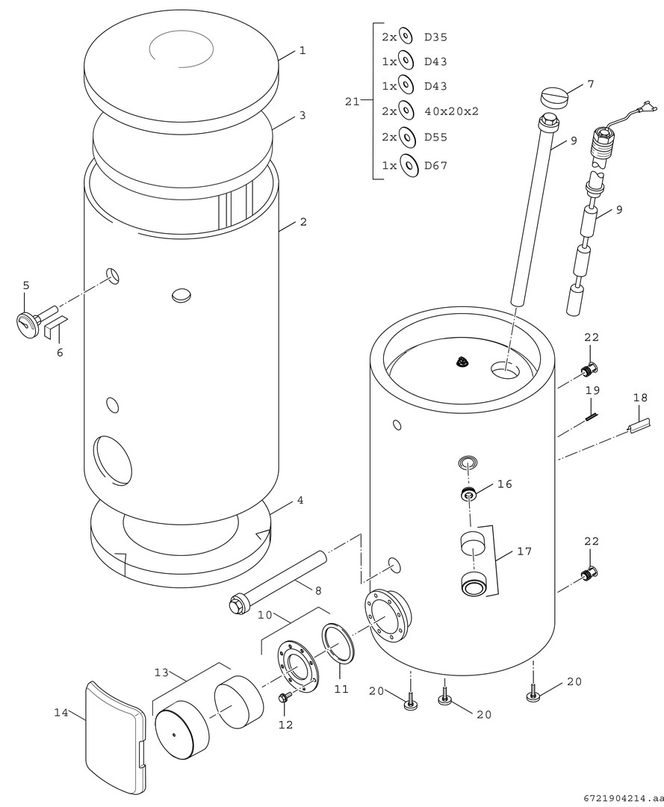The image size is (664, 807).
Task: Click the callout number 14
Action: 61,713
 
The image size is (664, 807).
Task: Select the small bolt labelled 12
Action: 284,699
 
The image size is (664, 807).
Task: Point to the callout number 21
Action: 353,102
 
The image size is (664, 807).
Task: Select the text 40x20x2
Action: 451,111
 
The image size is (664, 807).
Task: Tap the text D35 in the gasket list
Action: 435,37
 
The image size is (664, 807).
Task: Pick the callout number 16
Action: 505,484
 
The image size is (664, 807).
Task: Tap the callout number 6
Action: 60,353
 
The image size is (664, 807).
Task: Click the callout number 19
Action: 592,390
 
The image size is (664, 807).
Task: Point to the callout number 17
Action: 524,551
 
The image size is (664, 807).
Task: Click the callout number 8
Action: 318,590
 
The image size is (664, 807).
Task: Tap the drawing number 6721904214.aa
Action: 619,798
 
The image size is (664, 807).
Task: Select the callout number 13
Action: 162,672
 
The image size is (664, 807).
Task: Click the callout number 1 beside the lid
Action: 302,51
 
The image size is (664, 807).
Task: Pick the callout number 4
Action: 300,500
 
